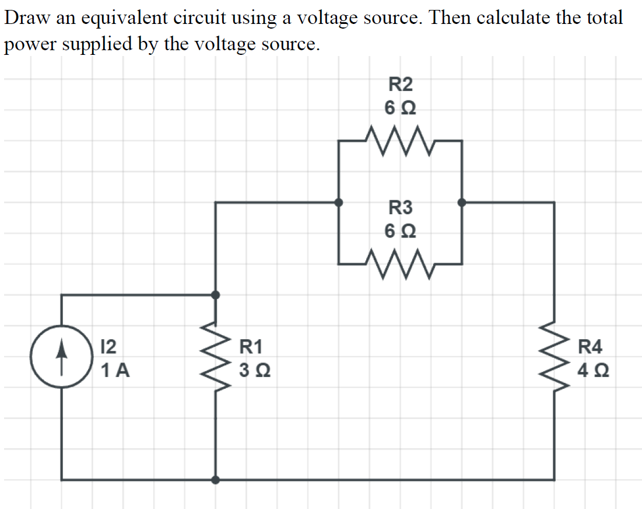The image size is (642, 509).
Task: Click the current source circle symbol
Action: click(x=62, y=357)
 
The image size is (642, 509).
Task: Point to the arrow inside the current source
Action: click(x=62, y=357)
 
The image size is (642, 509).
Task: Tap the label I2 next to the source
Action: click(x=108, y=347)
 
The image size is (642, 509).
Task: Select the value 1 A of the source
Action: click(x=115, y=370)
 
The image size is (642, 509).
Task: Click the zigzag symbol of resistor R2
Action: click(x=400, y=141)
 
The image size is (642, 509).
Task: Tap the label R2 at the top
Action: click(x=400, y=85)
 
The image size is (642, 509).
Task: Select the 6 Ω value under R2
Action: click(x=400, y=108)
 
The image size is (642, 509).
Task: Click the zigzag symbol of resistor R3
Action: click(x=400, y=264)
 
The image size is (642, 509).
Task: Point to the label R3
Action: click(x=400, y=207)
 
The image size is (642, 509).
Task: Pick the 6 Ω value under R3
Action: click(x=400, y=231)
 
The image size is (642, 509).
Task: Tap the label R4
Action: click(x=590, y=347)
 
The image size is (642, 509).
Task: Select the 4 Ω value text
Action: click(x=593, y=370)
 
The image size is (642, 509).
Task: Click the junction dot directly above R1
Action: click(x=215, y=295)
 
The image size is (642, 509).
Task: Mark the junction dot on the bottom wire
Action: click(x=215, y=480)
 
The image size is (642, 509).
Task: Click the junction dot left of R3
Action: click(x=338, y=203)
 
